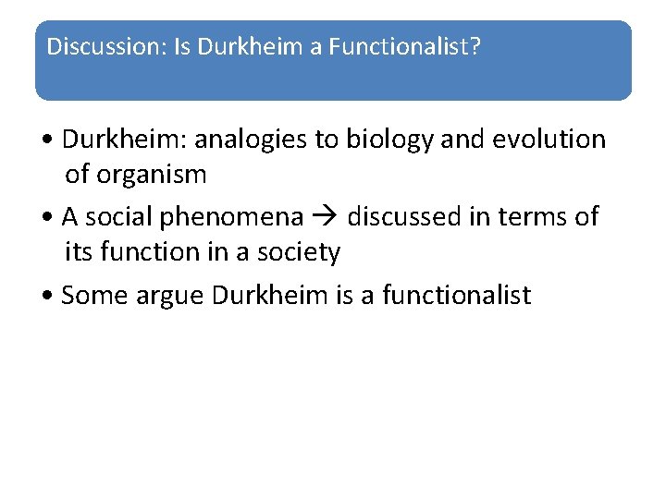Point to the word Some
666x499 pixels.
[x=90, y=295]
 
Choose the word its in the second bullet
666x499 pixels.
[x=79, y=251]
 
